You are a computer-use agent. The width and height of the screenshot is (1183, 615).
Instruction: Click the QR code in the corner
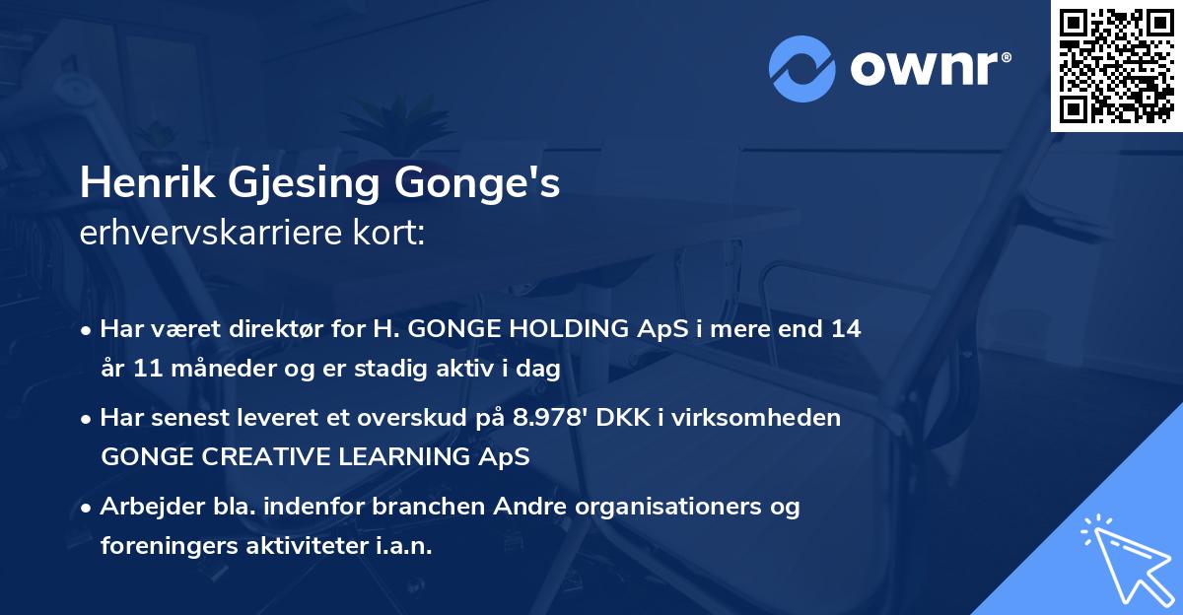1116,65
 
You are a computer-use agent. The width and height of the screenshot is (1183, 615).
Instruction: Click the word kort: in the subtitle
390,237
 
